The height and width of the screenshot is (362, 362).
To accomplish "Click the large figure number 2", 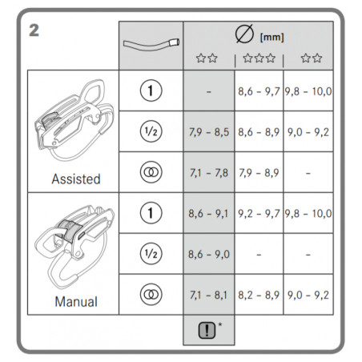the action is (34, 30).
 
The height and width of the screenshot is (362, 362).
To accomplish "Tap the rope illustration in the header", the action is (151, 46).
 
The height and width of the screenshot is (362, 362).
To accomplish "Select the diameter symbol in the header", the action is (244, 34).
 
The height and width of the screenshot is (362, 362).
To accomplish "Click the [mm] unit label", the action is (271, 37).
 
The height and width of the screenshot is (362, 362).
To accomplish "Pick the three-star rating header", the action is (259, 58).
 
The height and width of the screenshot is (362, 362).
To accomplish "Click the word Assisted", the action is (76, 179).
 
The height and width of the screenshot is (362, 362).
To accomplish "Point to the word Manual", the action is (76, 302).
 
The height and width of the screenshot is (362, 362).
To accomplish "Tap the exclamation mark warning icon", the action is (207, 330).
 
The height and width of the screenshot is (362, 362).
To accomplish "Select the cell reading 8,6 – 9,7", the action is (259, 91).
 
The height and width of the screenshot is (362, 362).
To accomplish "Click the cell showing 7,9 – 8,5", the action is (209, 132).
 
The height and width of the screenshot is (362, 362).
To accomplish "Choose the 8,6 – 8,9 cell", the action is (259, 132).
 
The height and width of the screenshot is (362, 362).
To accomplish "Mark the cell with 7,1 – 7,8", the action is (209, 173).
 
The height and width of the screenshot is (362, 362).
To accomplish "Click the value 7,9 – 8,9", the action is (259, 173).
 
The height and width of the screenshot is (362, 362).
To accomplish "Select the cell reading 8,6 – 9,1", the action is (208, 214).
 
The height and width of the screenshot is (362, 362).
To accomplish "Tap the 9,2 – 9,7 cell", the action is (259, 214).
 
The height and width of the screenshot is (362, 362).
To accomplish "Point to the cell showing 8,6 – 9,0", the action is (209, 254).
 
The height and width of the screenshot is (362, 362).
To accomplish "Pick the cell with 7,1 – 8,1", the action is (208, 295).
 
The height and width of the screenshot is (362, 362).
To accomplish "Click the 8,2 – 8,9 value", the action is (259, 295).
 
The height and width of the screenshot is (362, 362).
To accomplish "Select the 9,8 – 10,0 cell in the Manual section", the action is (308, 214).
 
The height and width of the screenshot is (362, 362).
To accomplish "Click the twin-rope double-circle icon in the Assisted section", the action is (151, 172).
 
